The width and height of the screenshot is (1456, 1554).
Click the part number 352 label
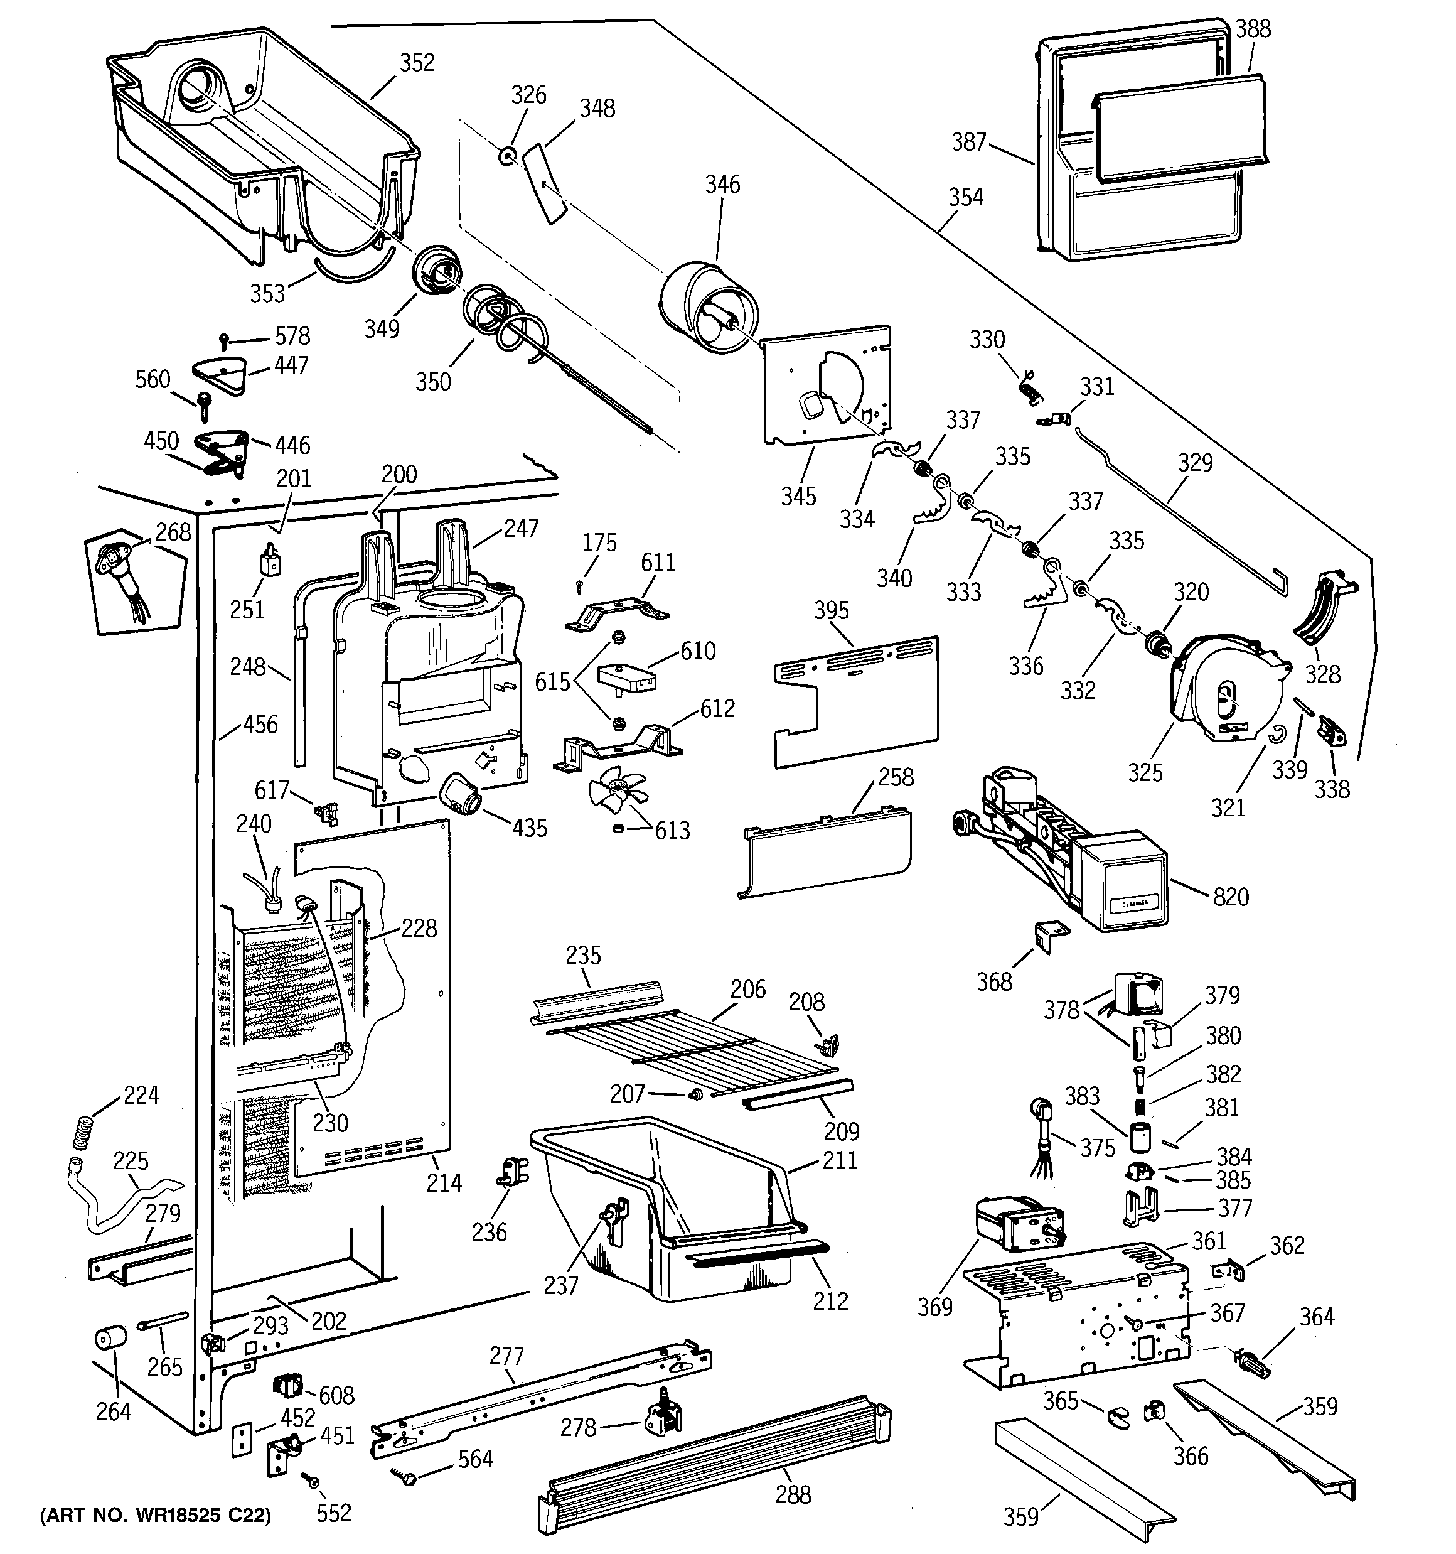[417, 63]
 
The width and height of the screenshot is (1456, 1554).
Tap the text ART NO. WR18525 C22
[156, 1516]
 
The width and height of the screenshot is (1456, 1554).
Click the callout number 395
[831, 610]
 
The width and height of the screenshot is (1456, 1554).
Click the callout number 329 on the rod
[1195, 463]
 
